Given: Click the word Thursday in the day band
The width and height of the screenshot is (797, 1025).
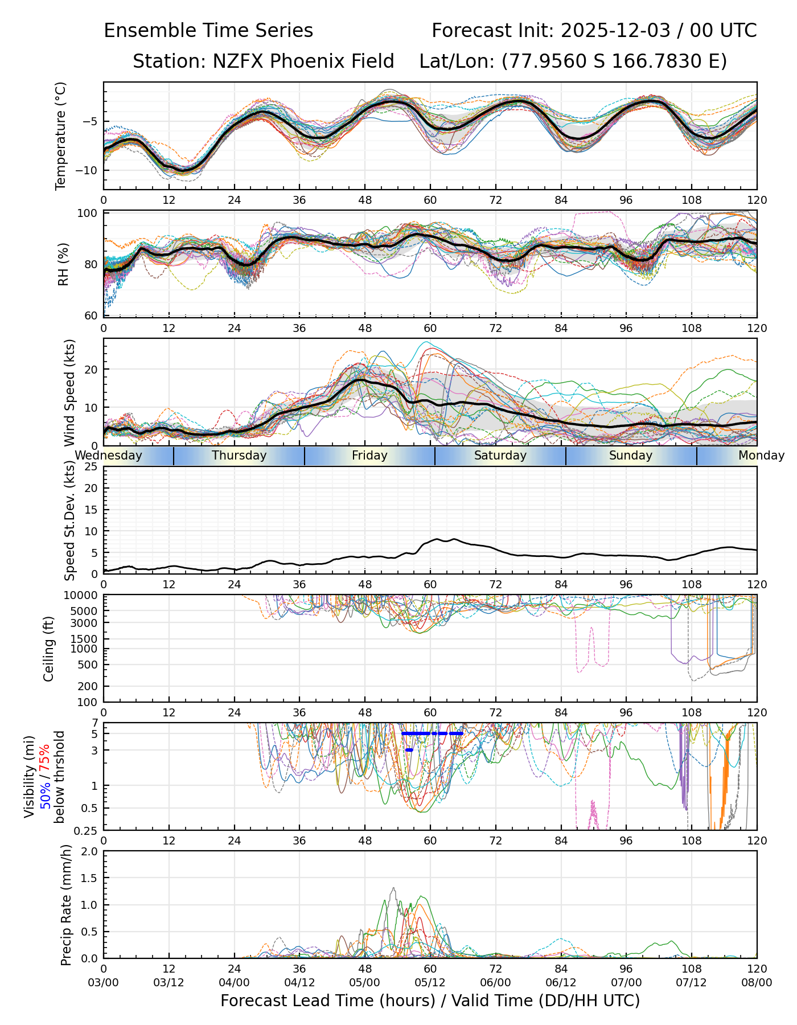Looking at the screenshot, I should [239, 456].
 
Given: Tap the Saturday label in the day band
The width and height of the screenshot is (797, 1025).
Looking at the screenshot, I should [500, 456].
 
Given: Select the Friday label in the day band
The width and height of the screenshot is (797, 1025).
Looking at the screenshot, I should [369, 456].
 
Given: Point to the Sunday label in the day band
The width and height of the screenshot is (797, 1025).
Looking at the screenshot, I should [631, 456].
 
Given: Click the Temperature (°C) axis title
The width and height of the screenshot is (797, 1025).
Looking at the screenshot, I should [61, 136].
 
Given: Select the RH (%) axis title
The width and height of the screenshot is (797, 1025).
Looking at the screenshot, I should [63, 264].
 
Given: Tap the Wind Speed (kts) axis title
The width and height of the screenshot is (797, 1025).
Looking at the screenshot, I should [69, 392].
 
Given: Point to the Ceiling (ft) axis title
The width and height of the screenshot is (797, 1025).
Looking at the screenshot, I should [49, 649].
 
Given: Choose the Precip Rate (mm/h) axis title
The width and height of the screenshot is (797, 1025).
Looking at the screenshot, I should [66, 905].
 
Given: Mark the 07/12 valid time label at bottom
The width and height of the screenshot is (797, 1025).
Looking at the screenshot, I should [691, 983].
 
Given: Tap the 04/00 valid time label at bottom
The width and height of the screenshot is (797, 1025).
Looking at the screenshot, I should [234, 983].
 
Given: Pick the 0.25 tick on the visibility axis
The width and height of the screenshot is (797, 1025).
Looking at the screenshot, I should [87, 830].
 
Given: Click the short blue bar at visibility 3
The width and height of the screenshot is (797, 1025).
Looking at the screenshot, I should [409, 750].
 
